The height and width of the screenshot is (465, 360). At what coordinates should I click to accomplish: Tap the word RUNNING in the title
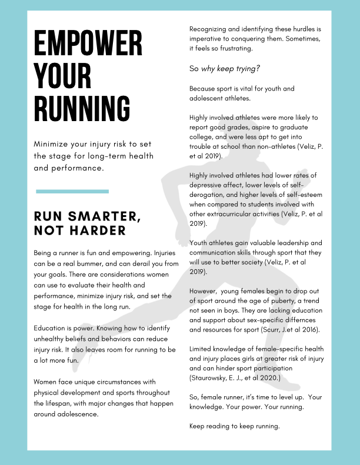pyautogui.click(x=82, y=110)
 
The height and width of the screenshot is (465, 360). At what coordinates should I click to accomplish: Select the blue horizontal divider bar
pyautogui.click(x=72, y=191)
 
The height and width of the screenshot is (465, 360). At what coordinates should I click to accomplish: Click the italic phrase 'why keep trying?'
pyautogui.click(x=231, y=69)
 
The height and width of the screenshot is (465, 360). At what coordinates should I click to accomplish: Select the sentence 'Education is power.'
pyautogui.click(x=61, y=327)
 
